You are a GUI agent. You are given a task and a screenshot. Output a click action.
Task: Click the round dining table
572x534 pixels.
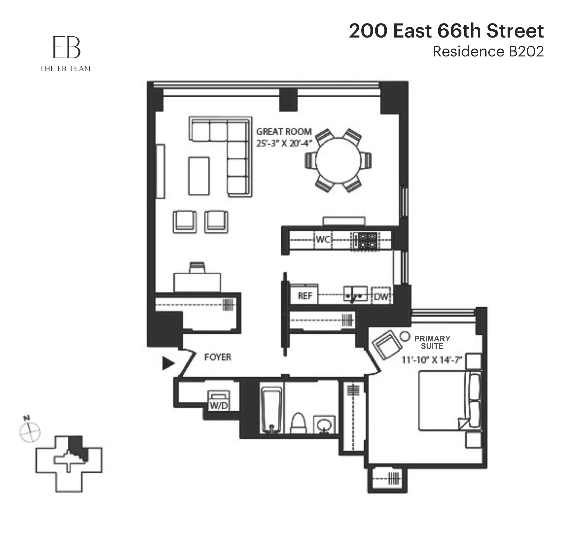(338, 160)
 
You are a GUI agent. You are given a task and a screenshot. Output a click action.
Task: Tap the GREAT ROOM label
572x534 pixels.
(284, 132)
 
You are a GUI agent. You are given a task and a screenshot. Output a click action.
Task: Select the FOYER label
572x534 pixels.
(217, 357)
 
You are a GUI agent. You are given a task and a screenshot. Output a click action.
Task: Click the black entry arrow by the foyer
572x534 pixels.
(168, 363)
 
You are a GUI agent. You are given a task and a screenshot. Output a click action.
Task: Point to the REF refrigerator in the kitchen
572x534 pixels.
(304, 295)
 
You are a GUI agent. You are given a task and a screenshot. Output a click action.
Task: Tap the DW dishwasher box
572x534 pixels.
(381, 296)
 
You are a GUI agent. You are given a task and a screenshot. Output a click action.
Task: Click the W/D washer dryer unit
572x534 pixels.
(219, 401)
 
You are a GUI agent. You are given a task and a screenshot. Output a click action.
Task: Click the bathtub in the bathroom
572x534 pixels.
(271, 410)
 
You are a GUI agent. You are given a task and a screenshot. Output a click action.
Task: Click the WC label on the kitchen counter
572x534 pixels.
(323, 239)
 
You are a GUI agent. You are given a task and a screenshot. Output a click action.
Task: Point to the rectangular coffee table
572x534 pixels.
(199, 176)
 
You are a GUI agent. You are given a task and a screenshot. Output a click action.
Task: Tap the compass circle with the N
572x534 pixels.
(30, 432)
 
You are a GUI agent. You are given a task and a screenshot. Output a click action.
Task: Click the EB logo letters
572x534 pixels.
(66, 48)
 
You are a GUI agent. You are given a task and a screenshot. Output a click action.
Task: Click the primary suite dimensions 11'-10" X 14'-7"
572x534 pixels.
(431, 360)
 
